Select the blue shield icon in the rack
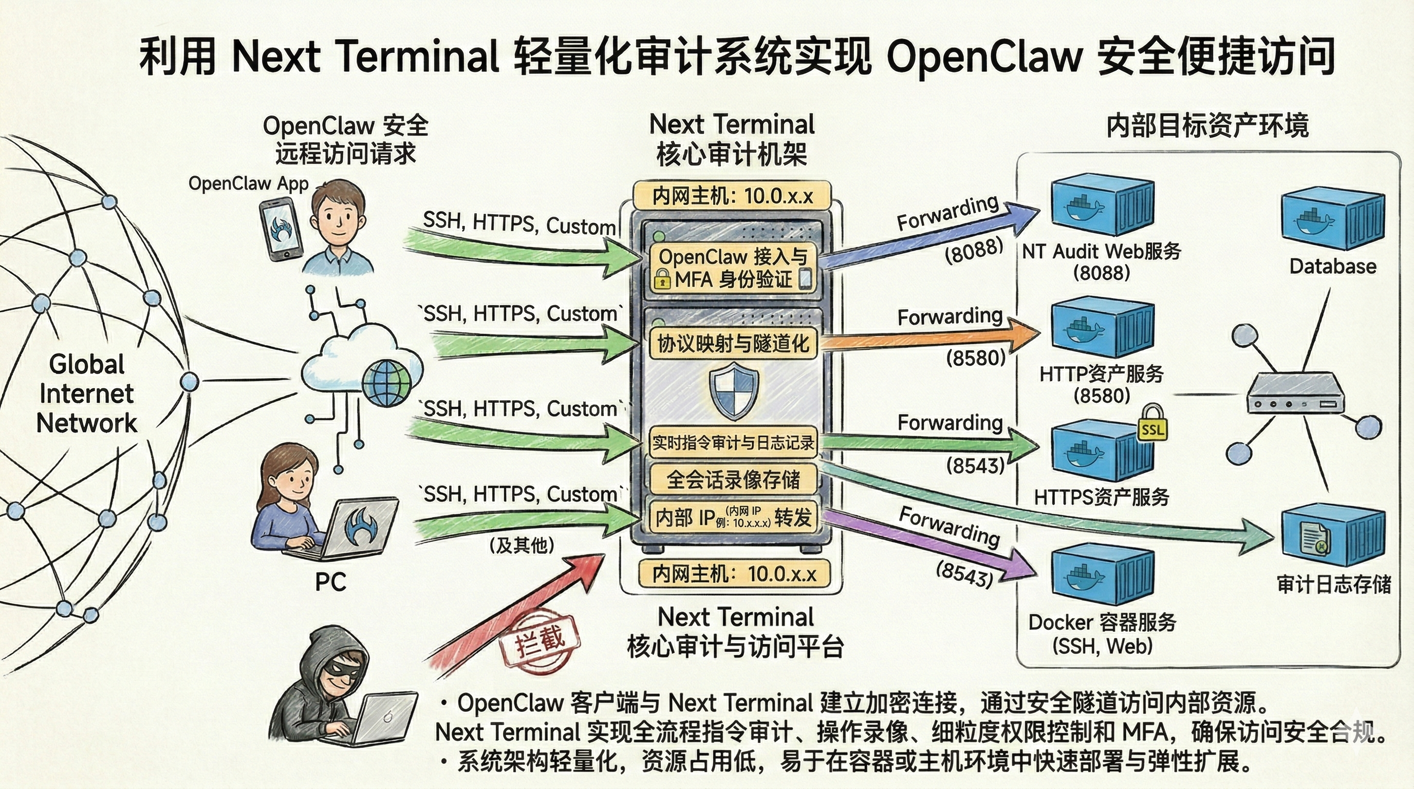point(734,393)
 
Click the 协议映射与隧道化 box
point(733,344)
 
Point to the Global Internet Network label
point(86,393)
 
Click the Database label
point(1332,267)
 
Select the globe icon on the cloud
point(387,383)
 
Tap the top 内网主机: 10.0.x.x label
point(732,196)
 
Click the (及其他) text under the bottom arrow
point(522,545)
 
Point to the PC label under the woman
point(330,582)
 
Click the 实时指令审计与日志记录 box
point(733,442)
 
